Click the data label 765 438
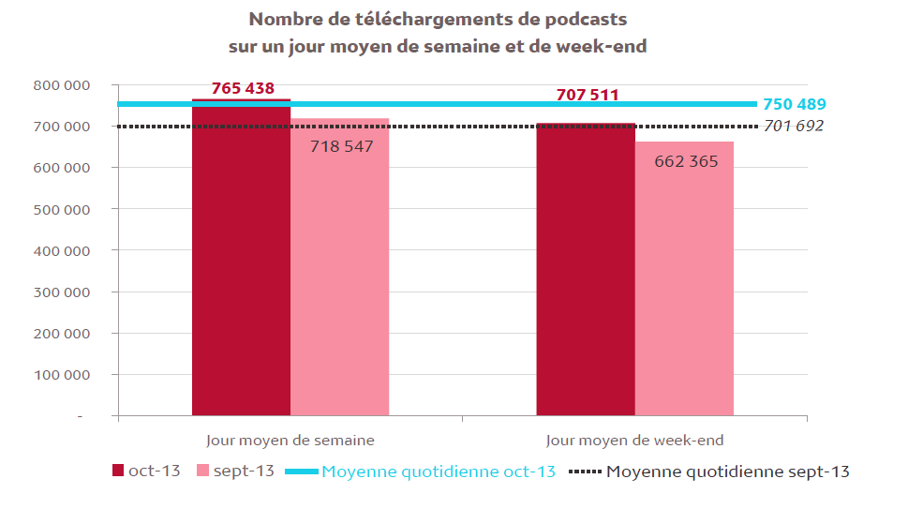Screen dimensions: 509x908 243,89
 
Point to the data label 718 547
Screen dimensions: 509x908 342,146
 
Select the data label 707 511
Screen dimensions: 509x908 587,95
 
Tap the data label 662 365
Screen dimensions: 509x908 686,161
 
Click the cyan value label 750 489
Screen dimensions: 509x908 794,105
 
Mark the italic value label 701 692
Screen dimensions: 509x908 794,126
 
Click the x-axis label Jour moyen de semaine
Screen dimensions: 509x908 290,440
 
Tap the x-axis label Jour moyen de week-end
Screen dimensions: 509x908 634,440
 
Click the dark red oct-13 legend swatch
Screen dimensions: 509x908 118,471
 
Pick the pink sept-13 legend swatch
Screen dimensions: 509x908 202,471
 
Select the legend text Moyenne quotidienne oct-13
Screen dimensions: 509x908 439,472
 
